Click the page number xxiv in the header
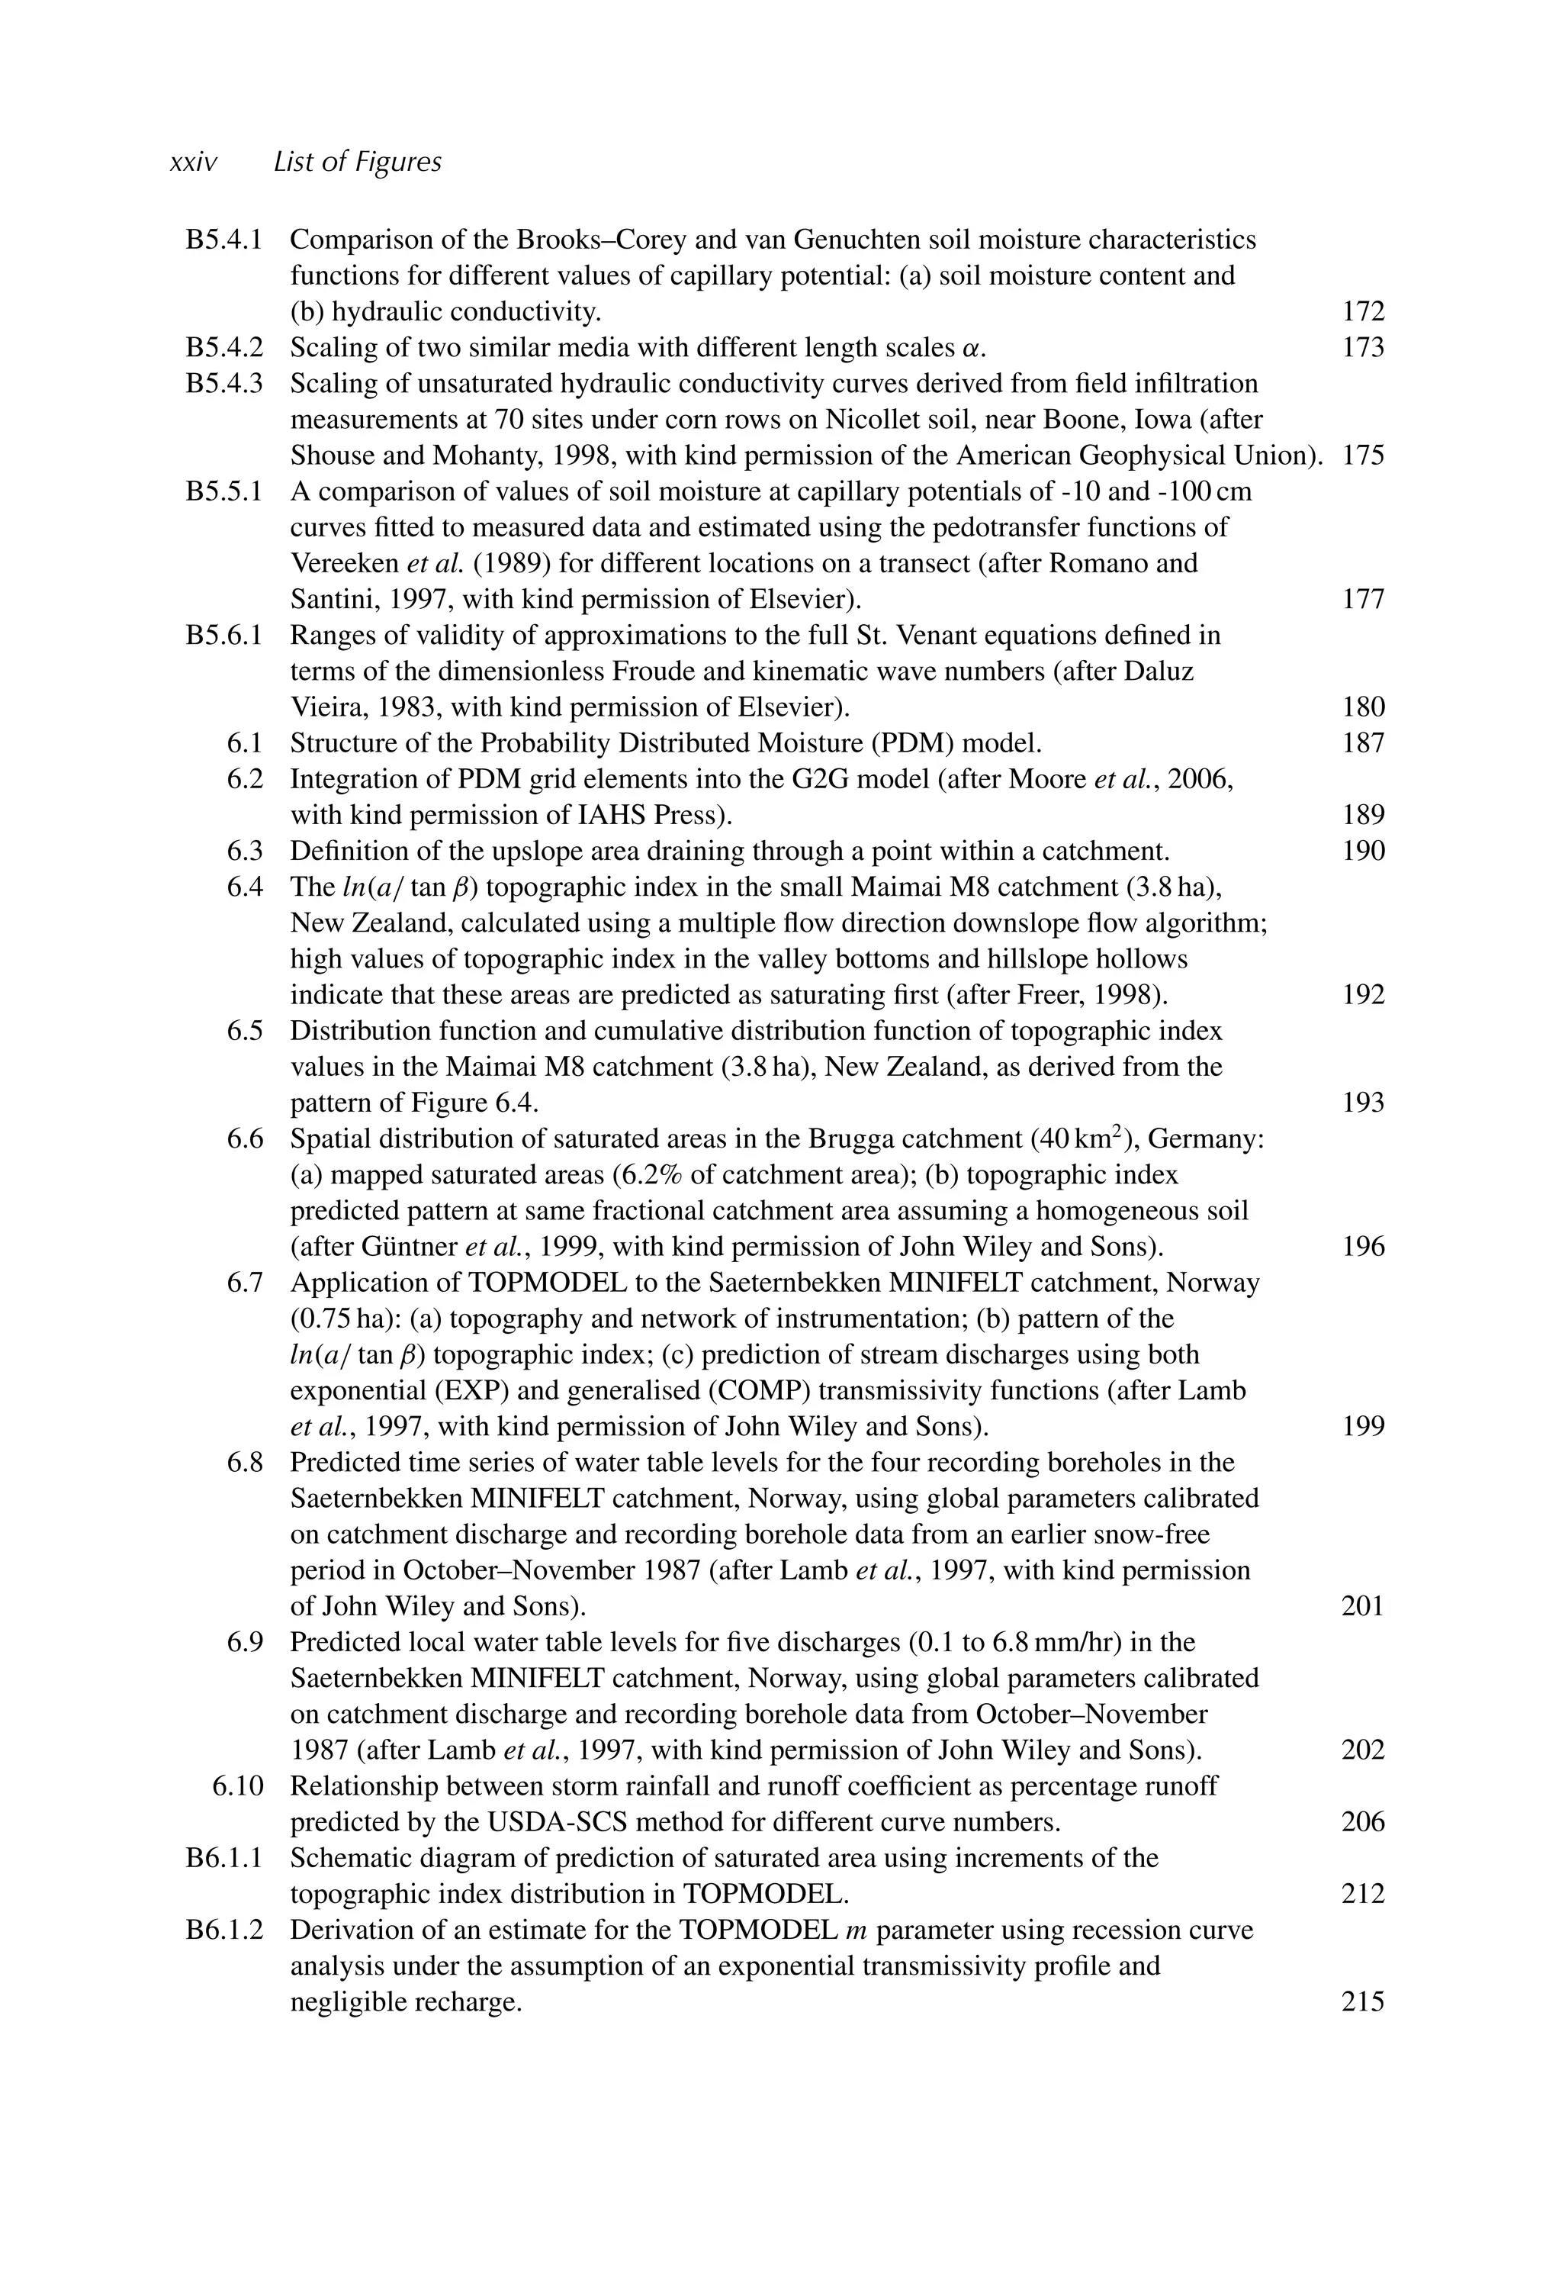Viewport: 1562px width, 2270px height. pyautogui.click(x=193, y=163)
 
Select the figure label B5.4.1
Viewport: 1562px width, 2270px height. pyautogui.click(x=224, y=240)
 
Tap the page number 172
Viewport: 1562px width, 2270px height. pyautogui.click(x=1362, y=312)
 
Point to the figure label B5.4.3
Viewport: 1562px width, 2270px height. pyautogui.click(x=224, y=384)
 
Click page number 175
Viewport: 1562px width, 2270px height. pyautogui.click(x=1362, y=456)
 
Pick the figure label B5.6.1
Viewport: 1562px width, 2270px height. pyautogui.click(x=224, y=636)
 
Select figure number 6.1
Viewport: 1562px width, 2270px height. pyautogui.click(x=245, y=744)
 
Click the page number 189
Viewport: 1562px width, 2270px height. pyautogui.click(x=1362, y=816)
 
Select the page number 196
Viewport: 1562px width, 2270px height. pyautogui.click(x=1362, y=1247)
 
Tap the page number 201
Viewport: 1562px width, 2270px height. pyautogui.click(x=1362, y=1606)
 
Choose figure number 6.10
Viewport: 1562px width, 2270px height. pyautogui.click(x=238, y=1786)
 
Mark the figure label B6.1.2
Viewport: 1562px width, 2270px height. pyautogui.click(x=224, y=1930)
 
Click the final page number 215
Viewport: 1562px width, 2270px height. pyautogui.click(x=1362, y=2003)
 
